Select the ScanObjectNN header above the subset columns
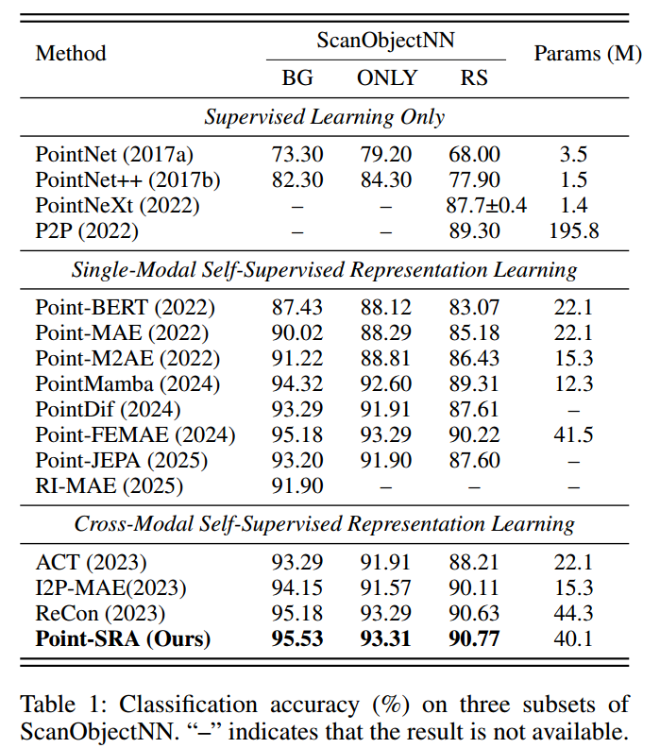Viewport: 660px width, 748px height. [385, 41]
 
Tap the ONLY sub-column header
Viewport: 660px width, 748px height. [386, 77]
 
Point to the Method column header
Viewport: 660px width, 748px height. [71, 54]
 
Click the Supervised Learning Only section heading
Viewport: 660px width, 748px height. [325, 118]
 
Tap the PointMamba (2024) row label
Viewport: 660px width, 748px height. [127, 383]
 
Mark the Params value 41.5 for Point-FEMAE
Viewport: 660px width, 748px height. [574, 434]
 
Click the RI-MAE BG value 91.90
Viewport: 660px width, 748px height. [297, 485]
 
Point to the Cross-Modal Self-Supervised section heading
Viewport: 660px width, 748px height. [325, 523]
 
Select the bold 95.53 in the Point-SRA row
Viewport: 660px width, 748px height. [297, 638]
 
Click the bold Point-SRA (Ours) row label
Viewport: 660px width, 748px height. [123, 638]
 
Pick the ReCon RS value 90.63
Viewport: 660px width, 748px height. [474, 613]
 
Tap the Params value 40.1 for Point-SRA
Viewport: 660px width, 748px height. [574, 638]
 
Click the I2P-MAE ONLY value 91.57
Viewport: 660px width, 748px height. [386, 587]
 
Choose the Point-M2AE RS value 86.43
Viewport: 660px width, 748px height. [474, 359]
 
